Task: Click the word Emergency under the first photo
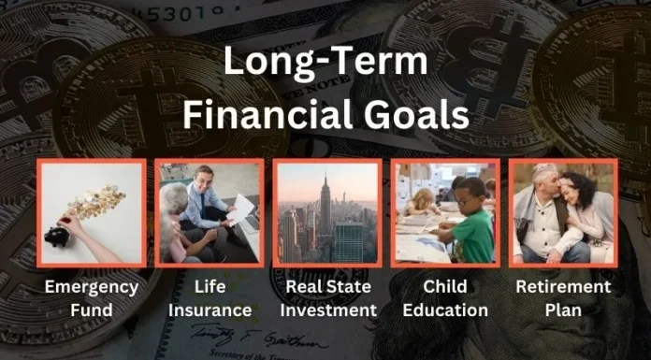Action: tap(92, 286)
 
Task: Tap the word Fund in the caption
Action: tap(92, 310)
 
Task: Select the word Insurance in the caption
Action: tap(209, 310)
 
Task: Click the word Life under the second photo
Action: tap(209, 286)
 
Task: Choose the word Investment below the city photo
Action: tap(326, 310)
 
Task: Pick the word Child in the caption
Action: tap(444, 286)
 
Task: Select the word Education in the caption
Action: tap(444, 310)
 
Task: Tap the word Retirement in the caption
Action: tap(563, 286)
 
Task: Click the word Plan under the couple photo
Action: tap(563, 310)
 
